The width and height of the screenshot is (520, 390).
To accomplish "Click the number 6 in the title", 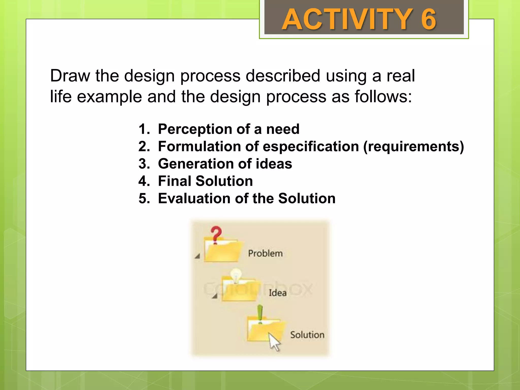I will [x=428, y=19].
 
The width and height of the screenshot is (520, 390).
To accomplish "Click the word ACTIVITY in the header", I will [x=347, y=19].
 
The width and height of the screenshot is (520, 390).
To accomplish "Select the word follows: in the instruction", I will [x=383, y=97].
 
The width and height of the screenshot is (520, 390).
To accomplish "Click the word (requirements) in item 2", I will [x=413, y=147].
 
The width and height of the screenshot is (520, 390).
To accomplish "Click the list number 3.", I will [x=144, y=164].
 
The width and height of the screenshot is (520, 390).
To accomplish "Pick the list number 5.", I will [x=144, y=198].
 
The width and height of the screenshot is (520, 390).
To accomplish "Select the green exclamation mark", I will [x=260, y=314].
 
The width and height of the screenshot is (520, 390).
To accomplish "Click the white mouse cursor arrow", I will [x=274, y=342].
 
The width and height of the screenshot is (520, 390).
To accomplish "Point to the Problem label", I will [x=265, y=253].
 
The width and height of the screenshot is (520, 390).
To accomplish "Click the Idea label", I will [x=278, y=293].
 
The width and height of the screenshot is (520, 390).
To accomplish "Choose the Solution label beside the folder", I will [x=307, y=335].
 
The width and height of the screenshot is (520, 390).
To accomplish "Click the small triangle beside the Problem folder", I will [x=198, y=256].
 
